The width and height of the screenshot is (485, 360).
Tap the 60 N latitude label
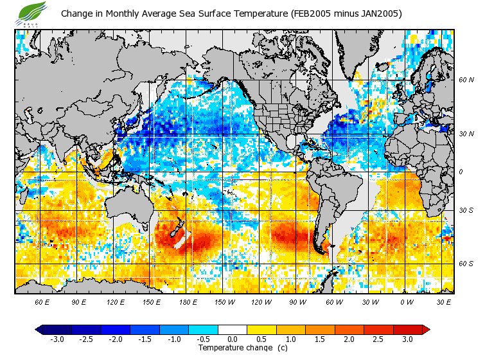click(x=466, y=80)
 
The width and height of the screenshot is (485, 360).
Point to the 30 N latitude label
click(x=466, y=134)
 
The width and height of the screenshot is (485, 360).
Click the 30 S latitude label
click(x=466, y=210)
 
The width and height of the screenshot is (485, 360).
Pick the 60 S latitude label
click(x=466, y=264)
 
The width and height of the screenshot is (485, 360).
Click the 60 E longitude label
click(x=43, y=301)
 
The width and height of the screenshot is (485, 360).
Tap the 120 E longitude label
click(x=116, y=301)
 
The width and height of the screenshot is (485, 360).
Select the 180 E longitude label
click(x=188, y=301)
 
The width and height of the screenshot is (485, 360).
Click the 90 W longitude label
click(x=297, y=301)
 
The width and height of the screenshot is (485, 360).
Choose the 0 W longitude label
click(x=407, y=301)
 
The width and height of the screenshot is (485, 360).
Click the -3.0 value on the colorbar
click(x=57, y=339)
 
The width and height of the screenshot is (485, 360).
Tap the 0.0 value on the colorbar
click(x=233, y=339)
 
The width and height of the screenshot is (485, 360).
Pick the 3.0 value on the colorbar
click(x=407, y=339)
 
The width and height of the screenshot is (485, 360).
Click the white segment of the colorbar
click(x=233, y=329)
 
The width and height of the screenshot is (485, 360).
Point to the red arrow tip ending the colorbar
click(x=427, y=329)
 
